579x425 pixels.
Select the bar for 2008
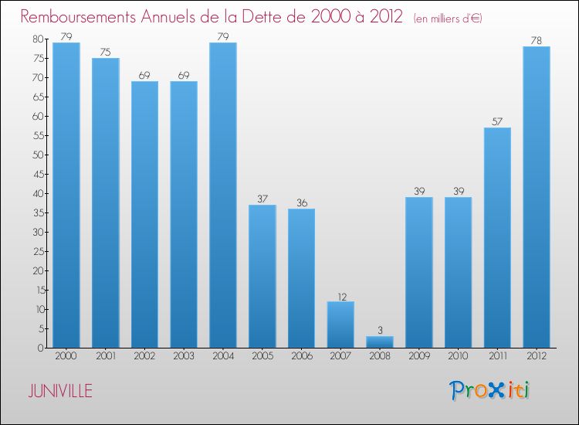point(380,342)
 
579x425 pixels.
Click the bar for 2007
point(340,325)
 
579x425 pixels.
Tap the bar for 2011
point(497,237)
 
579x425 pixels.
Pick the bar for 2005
point(262,276)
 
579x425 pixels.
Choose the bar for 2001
point(106,202)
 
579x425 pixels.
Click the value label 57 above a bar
point(497,121)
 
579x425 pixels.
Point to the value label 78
point(537,40)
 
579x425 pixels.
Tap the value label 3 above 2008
point(380,330)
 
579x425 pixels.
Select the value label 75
point(106,52)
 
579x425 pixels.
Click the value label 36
point(301,202)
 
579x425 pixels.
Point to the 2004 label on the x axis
point(223,356)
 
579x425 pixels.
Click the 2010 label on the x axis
point(458,356)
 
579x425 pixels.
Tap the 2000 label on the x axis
point(66,356)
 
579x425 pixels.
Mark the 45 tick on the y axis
point(37,174)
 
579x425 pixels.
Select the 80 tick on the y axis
point(37,39)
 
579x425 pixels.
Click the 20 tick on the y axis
point(37,270)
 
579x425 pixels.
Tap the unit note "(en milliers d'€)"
point(437,18)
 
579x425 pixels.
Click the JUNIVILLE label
point(60,391)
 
